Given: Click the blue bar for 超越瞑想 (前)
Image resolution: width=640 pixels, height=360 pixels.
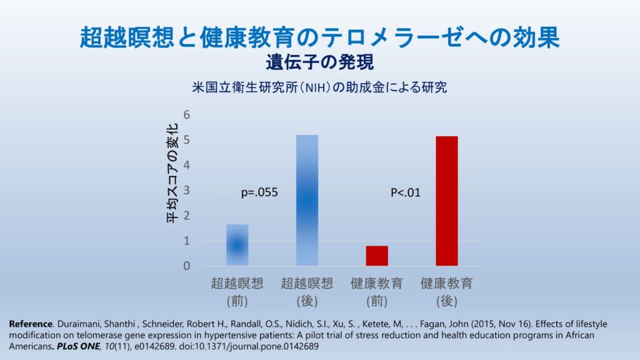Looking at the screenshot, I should [237, 245].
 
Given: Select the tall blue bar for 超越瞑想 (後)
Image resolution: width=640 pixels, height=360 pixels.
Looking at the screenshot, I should [307, 200].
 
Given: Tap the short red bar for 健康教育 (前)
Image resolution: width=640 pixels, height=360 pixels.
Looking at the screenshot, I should [377, 256].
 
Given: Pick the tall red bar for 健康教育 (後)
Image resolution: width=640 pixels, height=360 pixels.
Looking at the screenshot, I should [446, 201].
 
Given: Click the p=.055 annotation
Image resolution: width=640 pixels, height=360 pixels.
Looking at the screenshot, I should [259, 193].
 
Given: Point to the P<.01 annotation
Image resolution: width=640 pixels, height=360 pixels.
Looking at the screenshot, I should [406, 193].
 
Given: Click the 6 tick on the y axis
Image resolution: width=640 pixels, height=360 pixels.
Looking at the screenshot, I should [187, 115].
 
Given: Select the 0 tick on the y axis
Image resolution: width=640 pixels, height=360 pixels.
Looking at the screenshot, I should [187, 266].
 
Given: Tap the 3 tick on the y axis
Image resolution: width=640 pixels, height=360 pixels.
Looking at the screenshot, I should [187, 191].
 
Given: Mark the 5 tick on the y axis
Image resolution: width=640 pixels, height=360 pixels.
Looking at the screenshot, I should [187, 140].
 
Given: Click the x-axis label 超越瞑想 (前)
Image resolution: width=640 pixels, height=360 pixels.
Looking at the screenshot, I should [237, 291].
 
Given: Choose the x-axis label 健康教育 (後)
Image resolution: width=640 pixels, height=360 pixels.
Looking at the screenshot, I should [446, 291].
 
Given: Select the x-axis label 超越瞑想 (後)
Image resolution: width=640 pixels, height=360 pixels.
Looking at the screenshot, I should [307, 291].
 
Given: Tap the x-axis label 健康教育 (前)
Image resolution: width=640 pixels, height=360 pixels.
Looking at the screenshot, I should [377, 291].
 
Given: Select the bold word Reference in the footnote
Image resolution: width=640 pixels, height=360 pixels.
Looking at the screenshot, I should [31, 324].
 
